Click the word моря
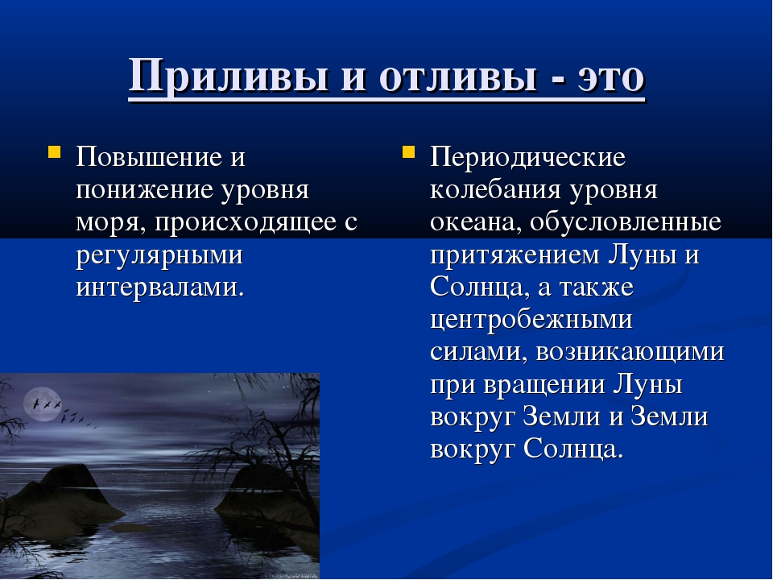click(111, 223)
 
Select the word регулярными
click(159, 255)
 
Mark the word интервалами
click(160, 287)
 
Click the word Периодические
click(527, 157)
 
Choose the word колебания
click(495, 190)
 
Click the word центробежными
click(531, 321)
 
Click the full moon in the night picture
click(43, 404)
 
